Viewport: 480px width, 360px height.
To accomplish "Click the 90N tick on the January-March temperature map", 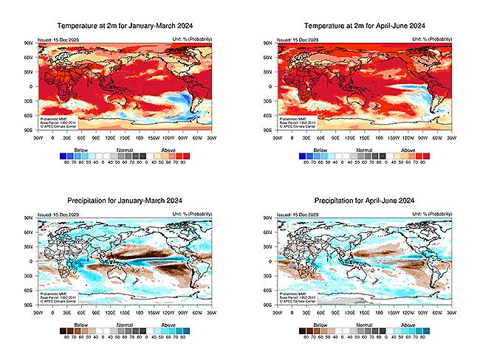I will [28, 44].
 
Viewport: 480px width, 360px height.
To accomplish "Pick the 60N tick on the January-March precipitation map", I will [28, 232].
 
